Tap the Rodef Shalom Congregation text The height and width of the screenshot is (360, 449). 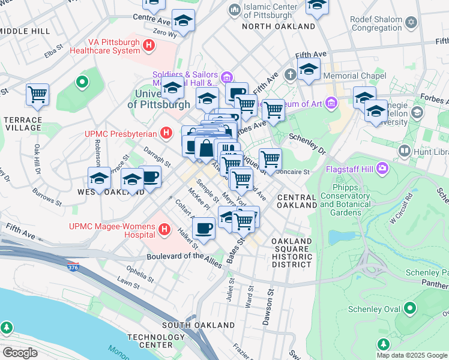[376, 23]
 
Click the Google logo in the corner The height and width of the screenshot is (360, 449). [20, 353]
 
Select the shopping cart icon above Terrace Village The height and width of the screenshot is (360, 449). [37, 94]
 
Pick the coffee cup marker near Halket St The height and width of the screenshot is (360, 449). [204, 229]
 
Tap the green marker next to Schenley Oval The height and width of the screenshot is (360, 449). [411, 309]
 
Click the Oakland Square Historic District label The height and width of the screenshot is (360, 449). [292, 253]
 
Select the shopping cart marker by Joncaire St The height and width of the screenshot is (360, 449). [270, 159]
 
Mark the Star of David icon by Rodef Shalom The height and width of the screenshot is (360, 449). [411, 23]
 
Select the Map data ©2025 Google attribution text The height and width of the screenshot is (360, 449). [412, 355]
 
